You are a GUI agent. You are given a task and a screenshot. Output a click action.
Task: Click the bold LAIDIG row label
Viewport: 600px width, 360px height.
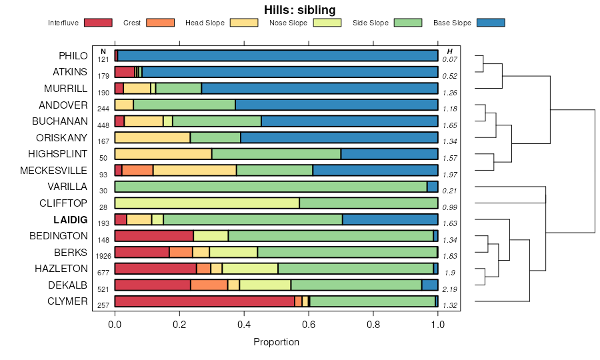[71, 219]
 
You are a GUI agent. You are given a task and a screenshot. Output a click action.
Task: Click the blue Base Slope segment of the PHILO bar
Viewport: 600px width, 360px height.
[277, 55]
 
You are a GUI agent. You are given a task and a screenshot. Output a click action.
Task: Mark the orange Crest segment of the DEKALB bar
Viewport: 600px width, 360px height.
[209, 285]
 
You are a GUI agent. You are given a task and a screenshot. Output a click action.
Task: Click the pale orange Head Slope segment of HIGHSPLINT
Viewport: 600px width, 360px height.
[163, 153]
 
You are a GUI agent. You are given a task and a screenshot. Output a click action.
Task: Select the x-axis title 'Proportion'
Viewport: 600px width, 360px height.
[276, 342]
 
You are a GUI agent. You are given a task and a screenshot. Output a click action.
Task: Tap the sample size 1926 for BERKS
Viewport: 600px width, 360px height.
[103, 256]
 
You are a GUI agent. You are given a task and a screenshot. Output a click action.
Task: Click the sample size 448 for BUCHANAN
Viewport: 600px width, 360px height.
[103, 125]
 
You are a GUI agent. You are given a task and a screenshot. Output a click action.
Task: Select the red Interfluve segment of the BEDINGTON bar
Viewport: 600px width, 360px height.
[154, 235]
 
